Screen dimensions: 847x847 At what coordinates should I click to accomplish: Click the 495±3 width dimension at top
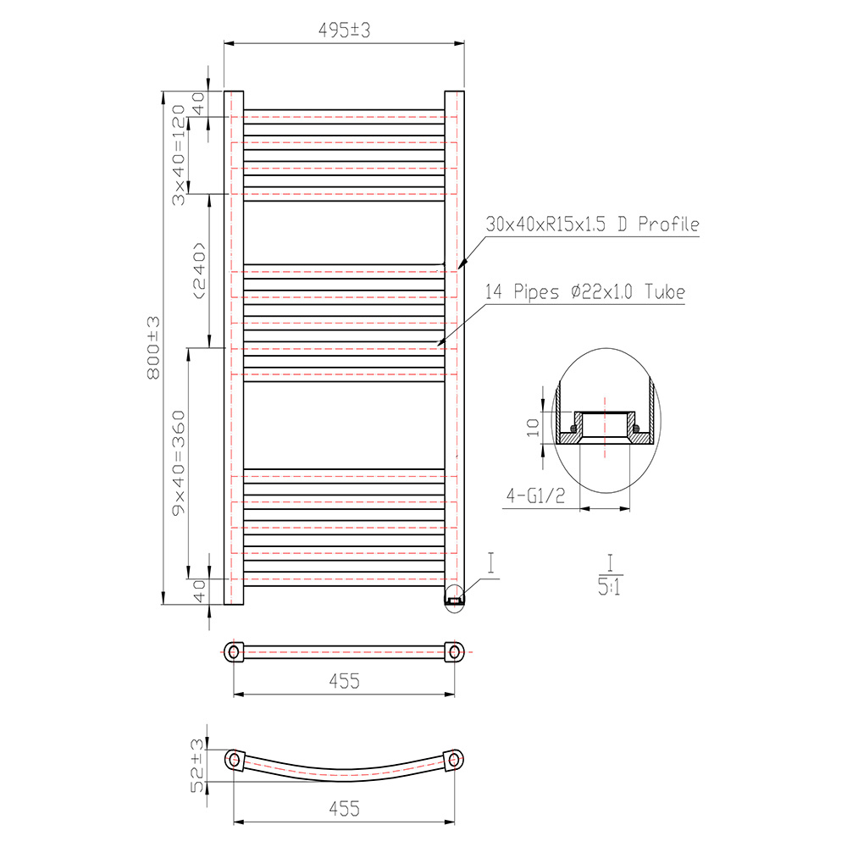click(345, 30)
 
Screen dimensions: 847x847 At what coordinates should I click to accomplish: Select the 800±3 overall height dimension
click(153, 347)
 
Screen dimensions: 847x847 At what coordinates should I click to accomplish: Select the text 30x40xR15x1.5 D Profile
click(592, 224)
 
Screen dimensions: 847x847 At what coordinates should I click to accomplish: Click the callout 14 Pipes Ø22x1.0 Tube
click(584, 292)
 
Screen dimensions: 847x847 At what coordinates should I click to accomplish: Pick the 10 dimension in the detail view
click(532, 426)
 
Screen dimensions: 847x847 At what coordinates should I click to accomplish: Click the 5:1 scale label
click(609, 586)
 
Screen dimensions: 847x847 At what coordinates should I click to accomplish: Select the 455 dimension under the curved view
click(345, 809)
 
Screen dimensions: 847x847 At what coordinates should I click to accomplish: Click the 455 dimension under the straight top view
click(345, 681)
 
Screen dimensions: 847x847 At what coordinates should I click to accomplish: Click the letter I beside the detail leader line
click(491, 561)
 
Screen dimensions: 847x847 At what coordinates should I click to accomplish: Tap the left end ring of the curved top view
click(234, 759)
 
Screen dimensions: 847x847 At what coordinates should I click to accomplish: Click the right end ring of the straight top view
click(456, 651)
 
